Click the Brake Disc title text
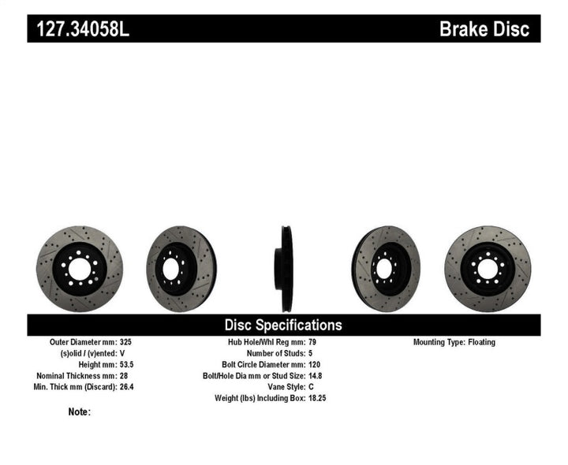[489, 30]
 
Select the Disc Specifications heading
[283, 325]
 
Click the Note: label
[80, 411]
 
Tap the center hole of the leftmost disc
[79, 269]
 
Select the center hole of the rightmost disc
[487, 269]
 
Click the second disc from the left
[181, 269]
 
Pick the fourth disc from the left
[386, 269]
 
